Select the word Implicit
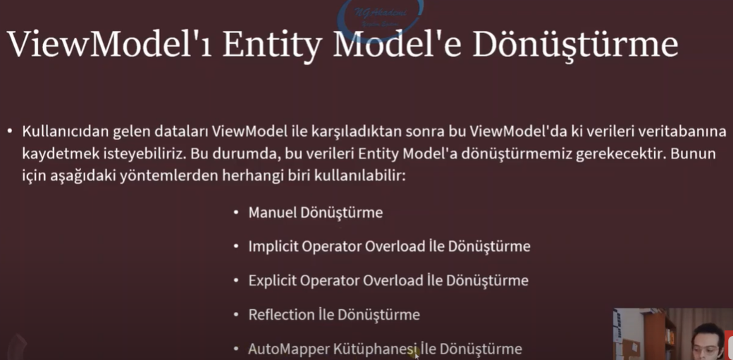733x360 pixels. click(273, 247)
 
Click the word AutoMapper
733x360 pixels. click(285, 349)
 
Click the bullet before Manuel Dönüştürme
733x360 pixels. click(235, 213)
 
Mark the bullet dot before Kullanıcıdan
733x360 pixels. click(10, 132)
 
